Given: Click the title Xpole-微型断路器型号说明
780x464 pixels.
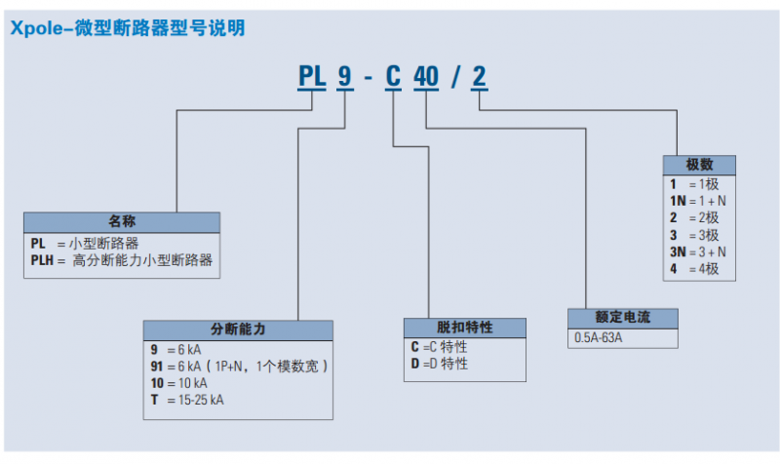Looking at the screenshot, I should click(127, 28).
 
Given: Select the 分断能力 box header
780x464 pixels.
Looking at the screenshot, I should click(238, 329).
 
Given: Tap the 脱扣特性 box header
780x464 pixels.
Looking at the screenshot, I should click(465, 328).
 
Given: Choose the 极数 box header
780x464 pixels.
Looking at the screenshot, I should click(699, 165).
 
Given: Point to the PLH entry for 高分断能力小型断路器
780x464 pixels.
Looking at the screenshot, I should click(122, 260).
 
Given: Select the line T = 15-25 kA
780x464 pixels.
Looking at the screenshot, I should click(187, 400).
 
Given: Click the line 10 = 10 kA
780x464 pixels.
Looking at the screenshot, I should click(179, 383).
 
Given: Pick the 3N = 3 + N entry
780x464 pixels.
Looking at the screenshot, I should click(697, 251).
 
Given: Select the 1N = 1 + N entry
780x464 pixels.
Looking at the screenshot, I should click(697, 200).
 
